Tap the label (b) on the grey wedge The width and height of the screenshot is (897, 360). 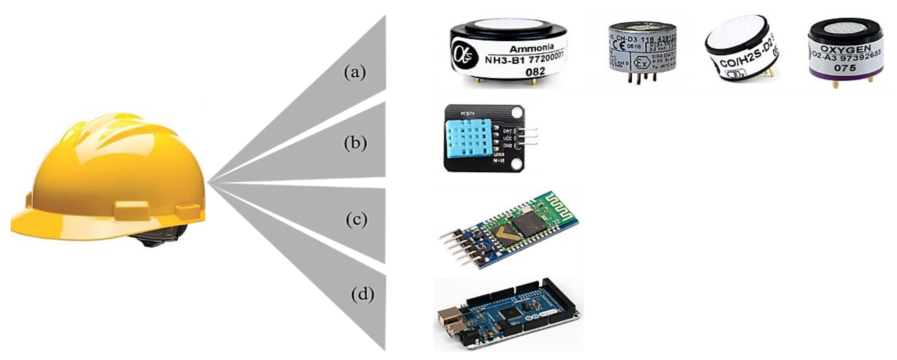pyautogui.click(x=355, y=143)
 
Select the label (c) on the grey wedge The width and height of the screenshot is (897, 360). pyautogui.click(x=357, y=220)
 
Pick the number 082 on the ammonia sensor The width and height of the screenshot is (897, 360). pyautogui.click(x=535, y=72)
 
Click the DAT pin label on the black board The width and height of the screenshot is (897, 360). pyautogui.click(x=507, y=131)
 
